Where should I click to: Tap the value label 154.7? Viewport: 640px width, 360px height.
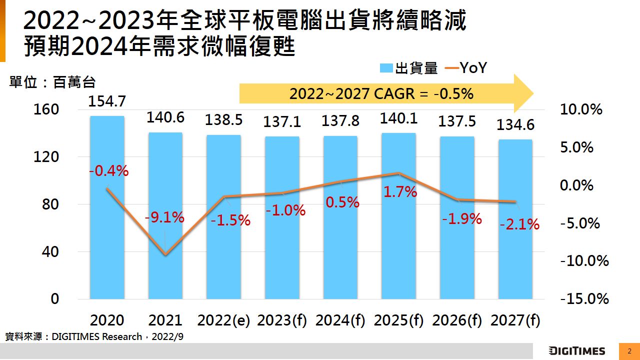pyautogui.click(x=107, y=101)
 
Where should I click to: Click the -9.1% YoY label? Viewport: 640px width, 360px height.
pyautogui.click(x=164, y=218)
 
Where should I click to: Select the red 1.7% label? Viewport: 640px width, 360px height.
pyautogui.click(x=400, y=191)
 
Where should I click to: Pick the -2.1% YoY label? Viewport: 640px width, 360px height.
pyautogui.click(x=519, y=225)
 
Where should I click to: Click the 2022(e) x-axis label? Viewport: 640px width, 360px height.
pyautogui.click(x=223, y=320)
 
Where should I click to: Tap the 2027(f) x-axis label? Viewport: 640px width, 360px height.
pyautogui.click(x=515, y=320)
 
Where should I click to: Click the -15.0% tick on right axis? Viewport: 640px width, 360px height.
pyautogui.click(x=584, y=299)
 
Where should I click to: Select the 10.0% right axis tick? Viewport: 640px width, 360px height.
pyautogui.click(x=581, y=109)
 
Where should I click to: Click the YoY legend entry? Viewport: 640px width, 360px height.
pyautogui.click(x=465, y=68)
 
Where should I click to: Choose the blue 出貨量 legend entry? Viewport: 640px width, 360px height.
pyautogui.click(x=409, y=68)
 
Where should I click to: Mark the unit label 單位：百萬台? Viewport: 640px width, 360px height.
pyautogui.click(x=52, y=82)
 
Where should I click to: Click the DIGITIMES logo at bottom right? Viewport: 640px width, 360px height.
pyautogui.click(x=577, y=351)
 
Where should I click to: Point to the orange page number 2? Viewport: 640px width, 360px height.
pyautogui.click(x=629, y=351)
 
